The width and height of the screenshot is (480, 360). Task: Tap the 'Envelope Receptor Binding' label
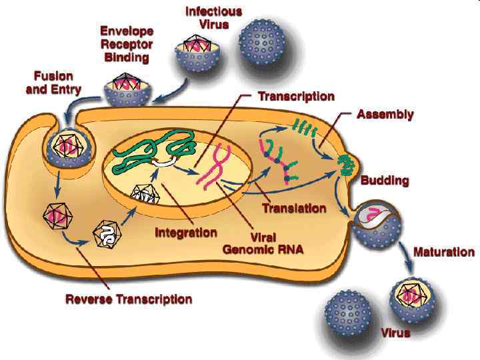click(x=127, y=44)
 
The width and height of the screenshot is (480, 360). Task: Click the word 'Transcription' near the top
click(x=296, y=96)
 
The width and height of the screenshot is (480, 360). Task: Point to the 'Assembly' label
click(x=385, y=115)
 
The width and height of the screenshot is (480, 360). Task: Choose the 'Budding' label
click(x=385, y=181)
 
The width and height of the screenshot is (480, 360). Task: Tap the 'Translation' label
click(x=294, y=208)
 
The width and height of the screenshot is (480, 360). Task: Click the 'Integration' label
click(x=186, y=233)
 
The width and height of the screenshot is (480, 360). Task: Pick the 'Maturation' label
click(x=444, y=252)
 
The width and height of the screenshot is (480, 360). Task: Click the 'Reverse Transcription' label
click(x=129, y=299)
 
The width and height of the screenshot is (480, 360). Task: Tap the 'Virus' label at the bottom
click(x=395, y=332)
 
